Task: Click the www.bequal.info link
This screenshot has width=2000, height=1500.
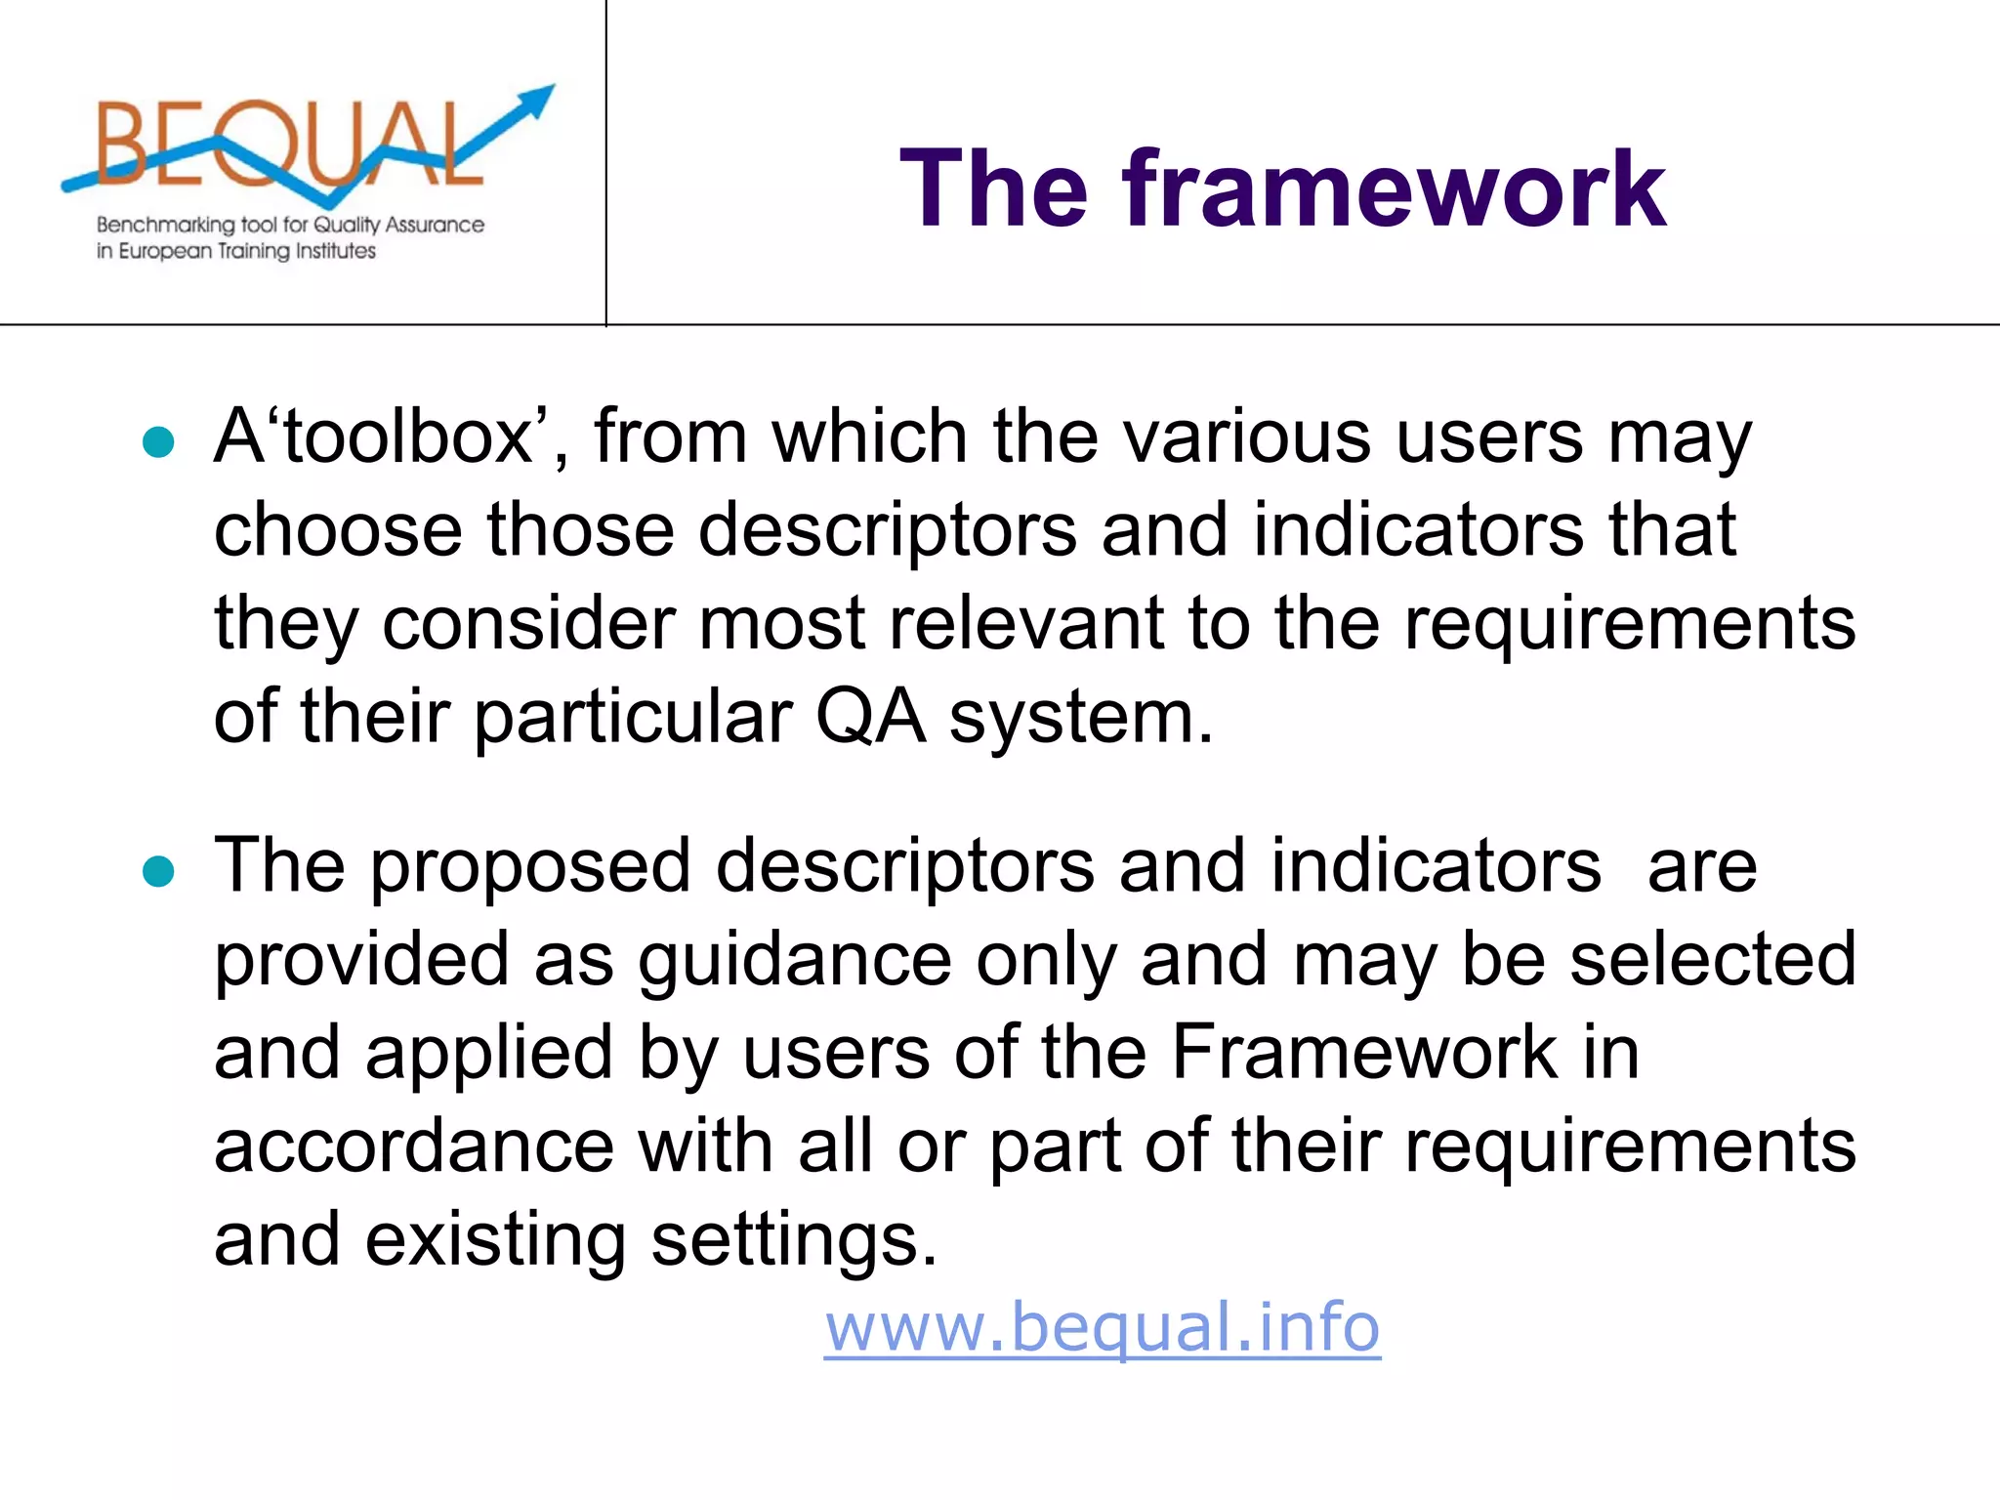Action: (x=1102, y=1327)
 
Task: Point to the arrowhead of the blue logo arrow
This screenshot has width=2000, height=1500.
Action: (x=536, y=99)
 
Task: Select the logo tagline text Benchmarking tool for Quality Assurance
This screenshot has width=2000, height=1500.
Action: (x=290, y=225)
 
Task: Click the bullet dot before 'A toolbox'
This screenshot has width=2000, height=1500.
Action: (x=158, y=442)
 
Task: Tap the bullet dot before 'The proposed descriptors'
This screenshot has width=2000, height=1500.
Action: (x=158, y=870)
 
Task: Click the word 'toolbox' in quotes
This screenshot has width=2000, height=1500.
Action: (x=405, y=437)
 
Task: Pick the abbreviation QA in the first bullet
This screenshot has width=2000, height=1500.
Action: (x=869, y=718)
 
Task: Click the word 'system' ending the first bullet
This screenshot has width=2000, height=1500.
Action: (x=1080, y=718)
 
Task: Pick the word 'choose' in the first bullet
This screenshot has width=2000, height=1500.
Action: (x=337, y=530)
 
